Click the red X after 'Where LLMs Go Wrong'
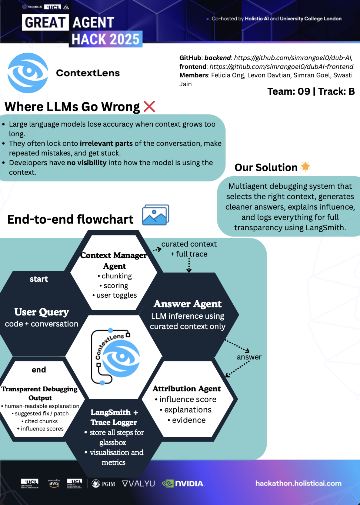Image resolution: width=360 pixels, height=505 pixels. coord(149,106)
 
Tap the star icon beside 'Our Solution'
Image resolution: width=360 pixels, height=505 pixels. coord(306,167)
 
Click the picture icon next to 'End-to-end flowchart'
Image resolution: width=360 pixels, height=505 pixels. coord(156,215)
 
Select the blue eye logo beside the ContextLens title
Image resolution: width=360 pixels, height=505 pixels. coord(28,73)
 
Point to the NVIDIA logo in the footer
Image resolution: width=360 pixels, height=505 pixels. coord(183,484)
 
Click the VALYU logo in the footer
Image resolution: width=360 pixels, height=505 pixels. coord(139,484)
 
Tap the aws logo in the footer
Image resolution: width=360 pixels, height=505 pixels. coord(54,483)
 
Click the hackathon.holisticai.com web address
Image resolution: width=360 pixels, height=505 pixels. coord(299,484)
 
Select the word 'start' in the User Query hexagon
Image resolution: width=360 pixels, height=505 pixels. coord(39,279)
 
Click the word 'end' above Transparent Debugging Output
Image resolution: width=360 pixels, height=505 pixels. coord(39,369)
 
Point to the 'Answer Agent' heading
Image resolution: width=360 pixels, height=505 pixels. coord(188,304)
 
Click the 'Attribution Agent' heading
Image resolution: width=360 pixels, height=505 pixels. coord(187,389)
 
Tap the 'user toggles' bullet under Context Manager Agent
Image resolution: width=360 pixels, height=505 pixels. coord(114,295)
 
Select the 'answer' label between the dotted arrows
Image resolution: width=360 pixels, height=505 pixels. coord(249,357)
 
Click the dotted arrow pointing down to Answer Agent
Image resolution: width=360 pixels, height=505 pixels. coord(189,265)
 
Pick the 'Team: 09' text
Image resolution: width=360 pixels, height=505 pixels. coord(289,91)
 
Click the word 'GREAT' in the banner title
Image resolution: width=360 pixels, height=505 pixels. coord(45,22)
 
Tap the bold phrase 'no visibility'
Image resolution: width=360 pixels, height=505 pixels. coord(87,163)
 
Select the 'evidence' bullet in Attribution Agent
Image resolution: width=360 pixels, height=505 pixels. coord(187,420)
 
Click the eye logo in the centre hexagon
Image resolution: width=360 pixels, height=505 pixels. coord(121,358)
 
